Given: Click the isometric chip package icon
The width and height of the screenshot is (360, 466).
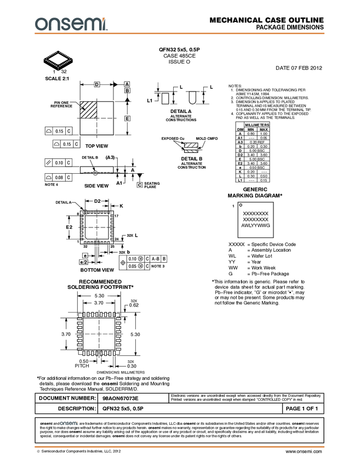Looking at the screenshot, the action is pos(58,59).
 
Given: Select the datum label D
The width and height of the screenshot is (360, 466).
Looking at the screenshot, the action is pos(97,84).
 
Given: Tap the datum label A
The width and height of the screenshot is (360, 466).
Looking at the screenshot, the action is pos(127,84).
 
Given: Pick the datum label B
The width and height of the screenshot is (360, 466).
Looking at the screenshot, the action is pos(127,90).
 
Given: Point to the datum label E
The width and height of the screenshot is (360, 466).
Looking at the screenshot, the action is pos(127,118).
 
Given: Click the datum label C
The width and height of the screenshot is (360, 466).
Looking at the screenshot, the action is pos(140,185).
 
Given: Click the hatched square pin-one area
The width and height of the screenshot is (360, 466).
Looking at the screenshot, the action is pos(88,110).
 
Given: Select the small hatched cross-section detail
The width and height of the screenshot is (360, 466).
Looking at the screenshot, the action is pos(191,149).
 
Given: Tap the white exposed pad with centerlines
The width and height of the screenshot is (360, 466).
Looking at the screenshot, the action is pos(97,226).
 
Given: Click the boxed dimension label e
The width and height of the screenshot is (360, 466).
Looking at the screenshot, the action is pos(85,255).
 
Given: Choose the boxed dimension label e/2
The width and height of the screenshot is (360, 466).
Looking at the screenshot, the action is pos(83,262).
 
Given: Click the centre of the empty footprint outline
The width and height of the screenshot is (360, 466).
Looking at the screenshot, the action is pos(99,334).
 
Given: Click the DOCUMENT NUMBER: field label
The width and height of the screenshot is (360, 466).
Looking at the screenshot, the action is pos(67,398).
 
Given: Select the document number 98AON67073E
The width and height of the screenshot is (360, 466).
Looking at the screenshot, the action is pos(121,398).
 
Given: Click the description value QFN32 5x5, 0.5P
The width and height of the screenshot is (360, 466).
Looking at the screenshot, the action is pos(123,409).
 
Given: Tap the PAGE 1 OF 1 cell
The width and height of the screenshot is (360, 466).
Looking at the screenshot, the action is pos(302,409).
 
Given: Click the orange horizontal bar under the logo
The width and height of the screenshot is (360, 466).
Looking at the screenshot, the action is pos(180,33).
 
